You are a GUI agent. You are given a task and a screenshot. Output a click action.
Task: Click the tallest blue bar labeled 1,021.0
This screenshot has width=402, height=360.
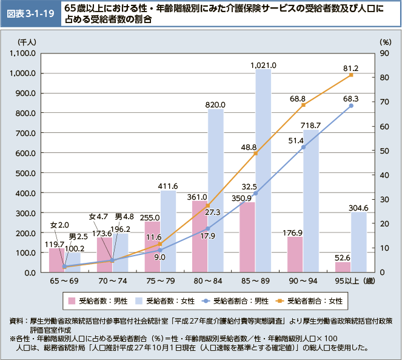263,170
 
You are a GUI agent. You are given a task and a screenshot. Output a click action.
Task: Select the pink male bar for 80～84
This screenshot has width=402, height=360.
200,236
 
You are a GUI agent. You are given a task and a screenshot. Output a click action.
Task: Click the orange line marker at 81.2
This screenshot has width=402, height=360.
351,75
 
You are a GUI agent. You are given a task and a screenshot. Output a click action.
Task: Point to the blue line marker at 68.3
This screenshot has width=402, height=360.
351,106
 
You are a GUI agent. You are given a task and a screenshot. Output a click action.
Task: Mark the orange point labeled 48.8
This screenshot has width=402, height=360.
255,153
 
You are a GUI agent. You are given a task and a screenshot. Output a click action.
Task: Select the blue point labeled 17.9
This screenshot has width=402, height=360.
208,228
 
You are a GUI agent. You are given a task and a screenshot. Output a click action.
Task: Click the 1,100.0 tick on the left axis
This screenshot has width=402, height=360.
24,53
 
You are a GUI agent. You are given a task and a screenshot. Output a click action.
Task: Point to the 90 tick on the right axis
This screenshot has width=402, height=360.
384,53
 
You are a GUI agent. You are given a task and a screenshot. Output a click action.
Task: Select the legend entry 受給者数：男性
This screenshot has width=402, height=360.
97,300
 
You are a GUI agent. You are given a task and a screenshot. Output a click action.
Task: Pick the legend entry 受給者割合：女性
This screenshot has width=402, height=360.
311,300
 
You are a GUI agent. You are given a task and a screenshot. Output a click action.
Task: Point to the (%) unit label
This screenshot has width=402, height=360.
385,42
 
